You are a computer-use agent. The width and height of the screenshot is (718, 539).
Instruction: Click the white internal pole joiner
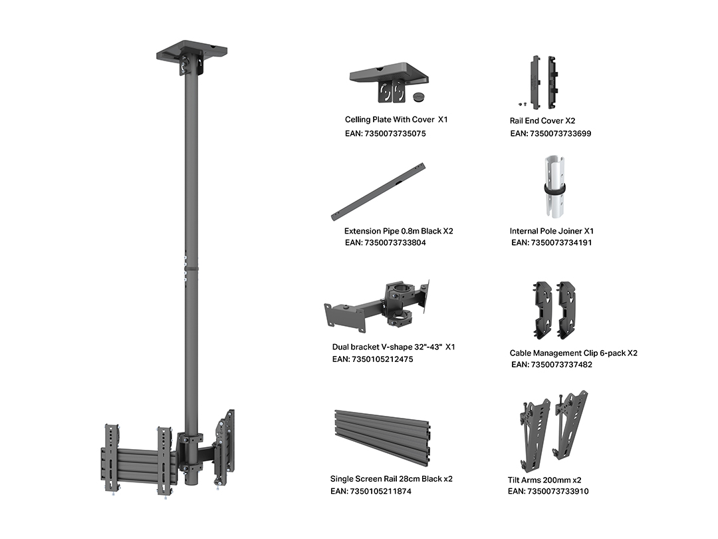[554, 188]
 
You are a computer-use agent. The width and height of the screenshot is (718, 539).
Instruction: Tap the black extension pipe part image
[378, 192]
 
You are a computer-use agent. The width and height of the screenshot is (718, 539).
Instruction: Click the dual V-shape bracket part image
[378, 304]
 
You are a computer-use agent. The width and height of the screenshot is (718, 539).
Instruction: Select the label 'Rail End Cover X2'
[542, 120]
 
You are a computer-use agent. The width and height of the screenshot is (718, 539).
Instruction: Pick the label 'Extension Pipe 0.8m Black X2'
[398, 231]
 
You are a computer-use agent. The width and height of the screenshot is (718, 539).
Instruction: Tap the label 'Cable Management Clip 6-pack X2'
[573, 353]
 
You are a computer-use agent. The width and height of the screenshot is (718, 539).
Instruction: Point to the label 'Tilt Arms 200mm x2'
[544, 480]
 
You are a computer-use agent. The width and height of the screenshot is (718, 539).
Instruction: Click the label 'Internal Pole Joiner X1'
[551, 231]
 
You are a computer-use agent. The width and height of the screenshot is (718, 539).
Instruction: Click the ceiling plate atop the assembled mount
[192, 51]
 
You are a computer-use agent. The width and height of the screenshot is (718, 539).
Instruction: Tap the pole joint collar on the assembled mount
[191, 268]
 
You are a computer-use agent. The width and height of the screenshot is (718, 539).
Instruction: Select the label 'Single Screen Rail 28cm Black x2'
[391, 479]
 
